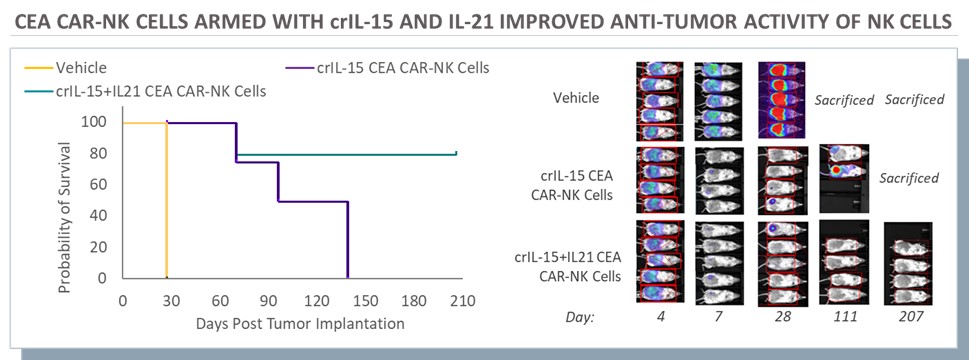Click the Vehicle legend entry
click(65, 67)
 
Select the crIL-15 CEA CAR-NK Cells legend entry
click(387, 67)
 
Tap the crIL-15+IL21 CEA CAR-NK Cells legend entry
click(145, 92)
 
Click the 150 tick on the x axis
click(365, 301)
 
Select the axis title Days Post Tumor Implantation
click(300, 323)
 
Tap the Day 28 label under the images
click(781, 316)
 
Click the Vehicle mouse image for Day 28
click(781, 99)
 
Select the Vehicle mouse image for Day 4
click(659, 101)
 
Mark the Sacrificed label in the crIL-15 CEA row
click(909, 178)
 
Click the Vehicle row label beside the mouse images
click(576, 98)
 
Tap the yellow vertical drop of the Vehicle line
click(166, 201)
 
